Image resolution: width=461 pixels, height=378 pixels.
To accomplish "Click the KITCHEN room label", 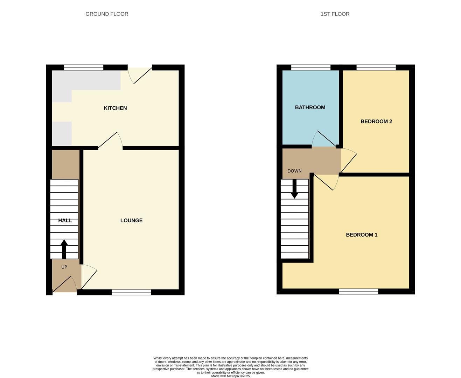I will (115, 108).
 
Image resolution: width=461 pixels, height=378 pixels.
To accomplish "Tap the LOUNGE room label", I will (131, 220).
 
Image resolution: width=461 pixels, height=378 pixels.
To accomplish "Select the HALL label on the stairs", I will (65, 220).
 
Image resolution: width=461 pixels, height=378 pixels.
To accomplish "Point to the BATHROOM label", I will (310, 107).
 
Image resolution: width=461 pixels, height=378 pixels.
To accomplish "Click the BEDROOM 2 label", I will (376, 121).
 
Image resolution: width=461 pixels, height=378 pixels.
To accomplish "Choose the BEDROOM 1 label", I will (362, 235).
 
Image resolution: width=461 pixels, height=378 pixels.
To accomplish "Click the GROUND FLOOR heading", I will (107, 14).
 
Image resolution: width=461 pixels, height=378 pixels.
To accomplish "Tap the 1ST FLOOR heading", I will (335, 14).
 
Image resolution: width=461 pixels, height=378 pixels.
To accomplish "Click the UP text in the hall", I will (64, 267).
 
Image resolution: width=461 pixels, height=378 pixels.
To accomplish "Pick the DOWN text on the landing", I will (294, 171).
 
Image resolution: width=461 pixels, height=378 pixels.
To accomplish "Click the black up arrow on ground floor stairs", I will (64, 249).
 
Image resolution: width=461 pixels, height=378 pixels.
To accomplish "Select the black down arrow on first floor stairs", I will (295, 189).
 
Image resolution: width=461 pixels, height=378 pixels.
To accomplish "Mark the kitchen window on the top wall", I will (84, 68).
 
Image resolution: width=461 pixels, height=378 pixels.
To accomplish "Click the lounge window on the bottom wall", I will (131, 292).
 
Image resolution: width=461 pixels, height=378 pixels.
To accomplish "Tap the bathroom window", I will (311, 68).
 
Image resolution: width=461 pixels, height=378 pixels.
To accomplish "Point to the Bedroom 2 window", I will (376, 68).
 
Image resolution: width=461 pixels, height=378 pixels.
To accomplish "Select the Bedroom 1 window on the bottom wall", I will (358, 292).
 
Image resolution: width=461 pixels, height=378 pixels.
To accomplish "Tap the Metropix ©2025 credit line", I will (230, 376).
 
